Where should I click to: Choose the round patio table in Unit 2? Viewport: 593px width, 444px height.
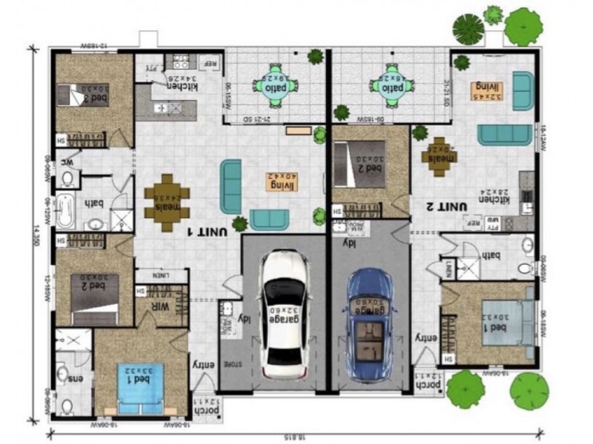click(390, 84)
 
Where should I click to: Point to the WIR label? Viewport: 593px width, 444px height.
click(162, 306)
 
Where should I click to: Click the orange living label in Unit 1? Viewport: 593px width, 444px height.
click(281, 181)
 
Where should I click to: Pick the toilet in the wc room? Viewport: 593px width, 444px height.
click(67, 178)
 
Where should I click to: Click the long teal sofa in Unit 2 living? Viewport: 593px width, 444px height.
click(504, 134)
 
